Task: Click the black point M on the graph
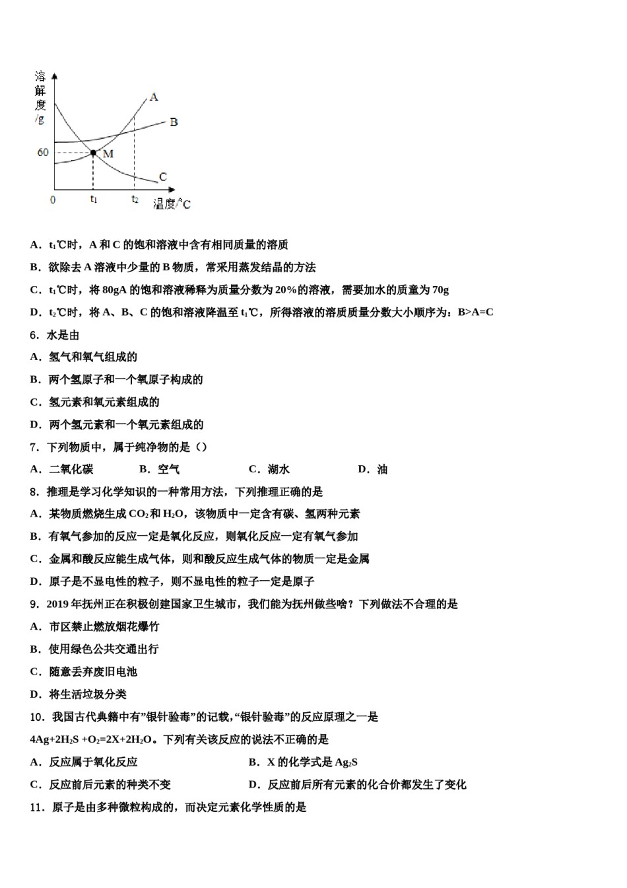pyautogui.click(x=93, y=153)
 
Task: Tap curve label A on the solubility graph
pyautogui.click(x=154, y=97)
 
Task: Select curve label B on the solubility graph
pyautogui.click(x=174, y=122)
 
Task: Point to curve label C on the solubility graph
pyautogui.click(x=163, y=177)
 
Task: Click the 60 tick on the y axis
pyautogui.click(x=43, y=153)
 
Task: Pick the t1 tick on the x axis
pyautogui.click(x=94, y=199)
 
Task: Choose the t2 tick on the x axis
pyautogui.click(x=135, y=199)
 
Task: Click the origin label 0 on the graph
pyautogui.click(x=53, y=200)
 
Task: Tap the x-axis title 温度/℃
pyautogui.click(x=172, y=204)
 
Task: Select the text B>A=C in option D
pyautogui.click(x=475, y=313)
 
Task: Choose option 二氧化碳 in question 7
pyautogui.click(x=71, y=470)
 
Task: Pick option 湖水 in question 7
pyautogui.click(x=279, y=470)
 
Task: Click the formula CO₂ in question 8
pyautogui.click(x=138, y=514)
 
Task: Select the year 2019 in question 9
pyautogui.click(x=59, y=605)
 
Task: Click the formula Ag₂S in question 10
pyautogui.click(x=346, y=762)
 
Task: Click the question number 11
pyautogui.click(x=36, y=807)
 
